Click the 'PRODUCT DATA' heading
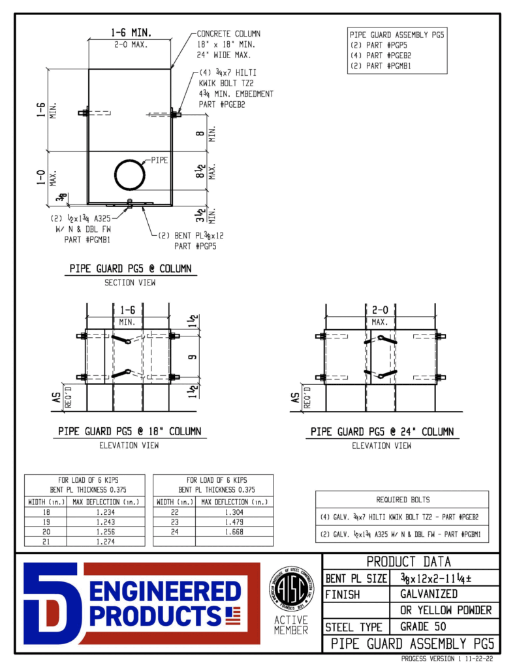click(x=409, y=562)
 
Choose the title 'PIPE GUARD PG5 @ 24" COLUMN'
click(x=382, y=432)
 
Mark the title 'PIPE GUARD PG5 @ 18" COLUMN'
click(x=129, y=432)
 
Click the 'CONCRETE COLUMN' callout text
click(x=229, y=33)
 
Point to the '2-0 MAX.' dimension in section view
click(x=131, y=45)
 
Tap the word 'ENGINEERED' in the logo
click(x=164, y=593)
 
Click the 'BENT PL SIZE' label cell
click(x=356, y=578)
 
